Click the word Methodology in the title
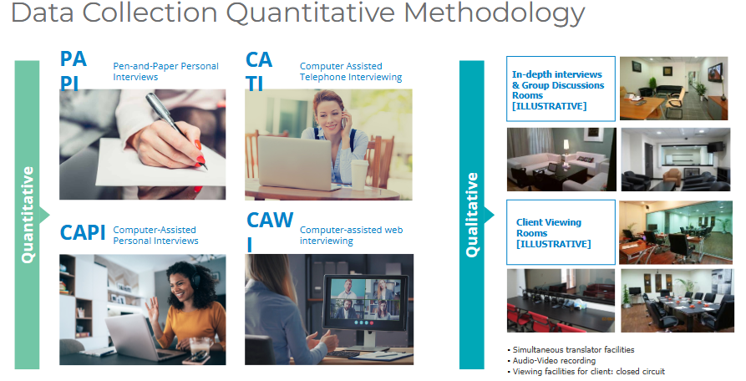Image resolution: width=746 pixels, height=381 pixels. coord(495,13)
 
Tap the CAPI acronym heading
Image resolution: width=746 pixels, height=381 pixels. coord(83,232)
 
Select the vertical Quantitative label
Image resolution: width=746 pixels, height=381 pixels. coord(28,215)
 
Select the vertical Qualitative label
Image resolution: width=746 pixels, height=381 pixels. coord(472,215)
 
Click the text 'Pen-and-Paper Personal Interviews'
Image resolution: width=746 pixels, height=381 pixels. coord(165,71)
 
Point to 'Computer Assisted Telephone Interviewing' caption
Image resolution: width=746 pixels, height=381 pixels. coord(351,71)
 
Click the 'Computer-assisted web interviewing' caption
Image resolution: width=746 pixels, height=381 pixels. coord(351,235)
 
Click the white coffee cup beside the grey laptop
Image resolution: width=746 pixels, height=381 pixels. coord(360,175)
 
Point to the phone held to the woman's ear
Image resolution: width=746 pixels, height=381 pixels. coord(343,119)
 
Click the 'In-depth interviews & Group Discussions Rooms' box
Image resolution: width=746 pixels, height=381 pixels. coord(561,89)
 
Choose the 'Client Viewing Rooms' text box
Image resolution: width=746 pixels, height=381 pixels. coord(561,232)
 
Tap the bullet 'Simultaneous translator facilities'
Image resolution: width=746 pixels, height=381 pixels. coord(571,350)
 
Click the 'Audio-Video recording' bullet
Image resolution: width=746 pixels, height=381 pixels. coord(551,361)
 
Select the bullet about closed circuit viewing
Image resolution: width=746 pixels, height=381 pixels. coord(586,372)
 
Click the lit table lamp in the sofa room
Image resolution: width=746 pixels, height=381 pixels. coord(566,146)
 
